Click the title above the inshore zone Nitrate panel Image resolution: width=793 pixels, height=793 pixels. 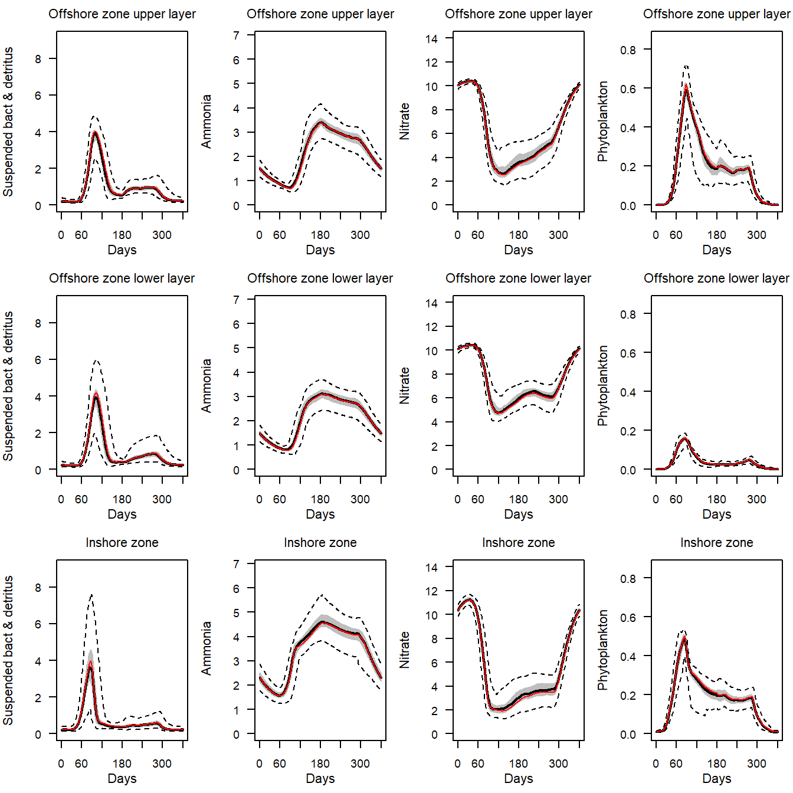pyautogui.click(x=518, y=542)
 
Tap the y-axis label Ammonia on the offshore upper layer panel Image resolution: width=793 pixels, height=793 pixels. pyautogui.click(x=206, y=122)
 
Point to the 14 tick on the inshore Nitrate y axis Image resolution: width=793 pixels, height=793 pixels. pyautogui.click(x=431, y=568)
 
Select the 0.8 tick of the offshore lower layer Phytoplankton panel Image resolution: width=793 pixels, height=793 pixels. pyautogui.click(x=628, y=314)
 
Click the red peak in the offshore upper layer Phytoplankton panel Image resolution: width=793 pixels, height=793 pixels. pyautogui.click(x=686, y=87)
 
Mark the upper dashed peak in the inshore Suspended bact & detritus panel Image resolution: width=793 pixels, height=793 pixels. pyautogui.click(x=91, y=595)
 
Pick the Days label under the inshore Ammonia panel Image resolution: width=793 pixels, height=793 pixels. pyautogui.click(x=320, y=778)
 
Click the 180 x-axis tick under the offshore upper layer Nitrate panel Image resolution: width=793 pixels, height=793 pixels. pyautogui.click(x=518, y=235)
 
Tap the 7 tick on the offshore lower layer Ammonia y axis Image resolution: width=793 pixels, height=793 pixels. pyautogui.click(x=236, y=300)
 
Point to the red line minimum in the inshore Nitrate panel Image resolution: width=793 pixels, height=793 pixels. pyautogui.click(x=499, y=710)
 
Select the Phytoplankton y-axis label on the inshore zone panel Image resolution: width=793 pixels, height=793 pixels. pyautogui.click(x=602, y=650)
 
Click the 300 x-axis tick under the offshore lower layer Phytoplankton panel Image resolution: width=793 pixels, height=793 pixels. pyautogui.click(x=756, y=499)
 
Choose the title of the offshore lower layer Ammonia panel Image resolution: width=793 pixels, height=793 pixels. pyautogui.click(x=320, y=278)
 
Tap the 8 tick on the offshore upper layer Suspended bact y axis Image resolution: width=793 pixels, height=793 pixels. pyautogui.click(x=38, y=59)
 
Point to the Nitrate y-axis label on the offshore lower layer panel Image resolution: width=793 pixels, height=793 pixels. pyautogui.click(x=404, y=385)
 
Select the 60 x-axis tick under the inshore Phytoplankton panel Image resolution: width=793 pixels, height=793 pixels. pyautogui.click(x=676, y=763)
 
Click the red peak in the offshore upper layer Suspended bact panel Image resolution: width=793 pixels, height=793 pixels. pyautogui.click(x=95, y=132)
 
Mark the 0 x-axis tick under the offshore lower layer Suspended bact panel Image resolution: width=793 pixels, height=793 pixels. pyautogui.click(x=61, y=499)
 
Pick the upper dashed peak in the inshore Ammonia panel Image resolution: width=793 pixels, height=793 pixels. pyautogui.click(x=322, y=595)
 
